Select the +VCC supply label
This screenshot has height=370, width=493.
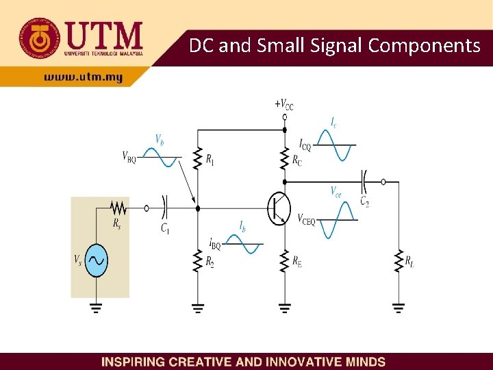(284, 105)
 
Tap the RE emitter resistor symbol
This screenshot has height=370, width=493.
(285, 260)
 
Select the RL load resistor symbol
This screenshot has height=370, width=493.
(398, 261)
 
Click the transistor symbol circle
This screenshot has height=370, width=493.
(279, 208)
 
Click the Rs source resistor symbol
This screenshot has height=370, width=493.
(118, 206)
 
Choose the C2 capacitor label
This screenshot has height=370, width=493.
(364, 201)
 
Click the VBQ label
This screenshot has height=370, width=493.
(129, 157)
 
